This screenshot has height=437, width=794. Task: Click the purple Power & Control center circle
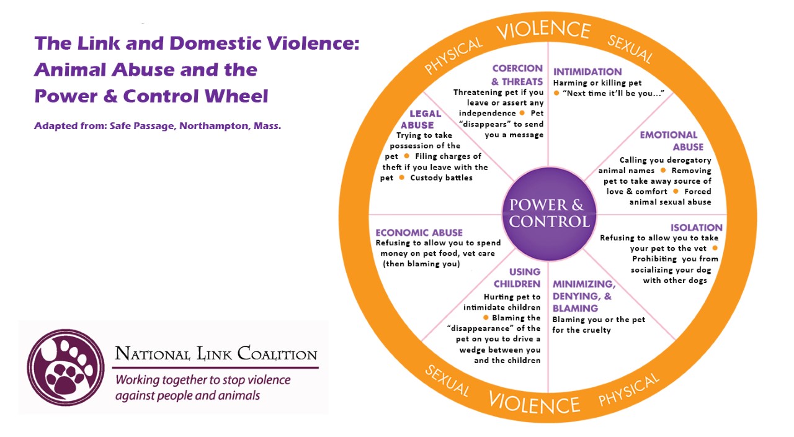(546, 213)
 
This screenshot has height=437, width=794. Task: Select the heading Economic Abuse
(419, 233)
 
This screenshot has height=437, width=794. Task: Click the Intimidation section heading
(587, 71)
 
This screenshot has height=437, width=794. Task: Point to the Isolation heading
(696, 228)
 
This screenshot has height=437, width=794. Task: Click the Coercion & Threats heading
(517, 74)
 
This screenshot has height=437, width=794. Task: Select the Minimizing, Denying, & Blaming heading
(583, 296)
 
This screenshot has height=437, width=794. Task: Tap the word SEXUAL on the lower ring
(447, 381)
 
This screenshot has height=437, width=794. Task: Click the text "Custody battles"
(441, 178)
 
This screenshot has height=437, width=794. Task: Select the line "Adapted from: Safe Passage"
(158, 125)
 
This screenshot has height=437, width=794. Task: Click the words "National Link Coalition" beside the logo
(216, 355)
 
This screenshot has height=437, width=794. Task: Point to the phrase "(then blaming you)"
(421, 264)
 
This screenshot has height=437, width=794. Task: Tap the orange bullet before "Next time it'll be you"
(556, 93)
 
